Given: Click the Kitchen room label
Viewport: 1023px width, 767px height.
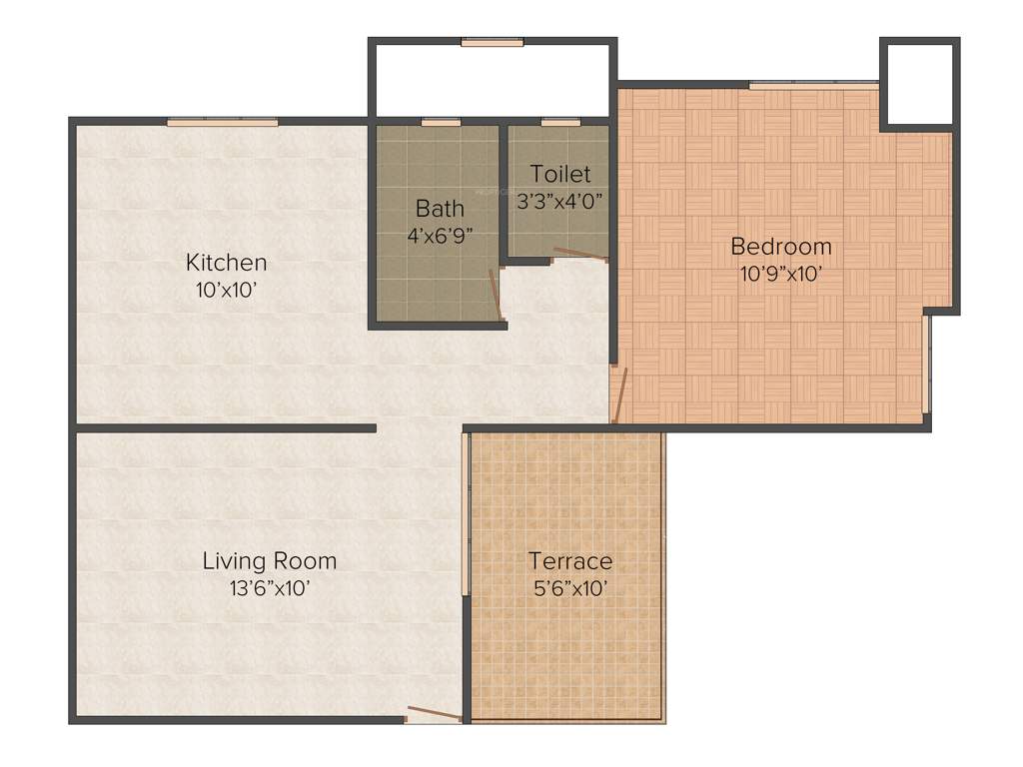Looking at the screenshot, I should tap(227, 263).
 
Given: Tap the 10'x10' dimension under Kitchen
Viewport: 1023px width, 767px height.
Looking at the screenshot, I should tap(227, 290).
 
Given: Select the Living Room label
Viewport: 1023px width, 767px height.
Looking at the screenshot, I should tap(269, 560).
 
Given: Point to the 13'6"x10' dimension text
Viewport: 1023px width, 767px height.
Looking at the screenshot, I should tap(269, 588).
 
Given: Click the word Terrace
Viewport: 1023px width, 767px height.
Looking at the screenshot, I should tap(570, 560).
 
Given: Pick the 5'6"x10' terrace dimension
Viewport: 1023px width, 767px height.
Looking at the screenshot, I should tap(570, 588).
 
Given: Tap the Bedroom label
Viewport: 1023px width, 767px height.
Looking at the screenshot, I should tap(781, 246).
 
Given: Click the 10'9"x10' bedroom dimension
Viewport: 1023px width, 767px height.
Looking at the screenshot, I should tap(781, 274).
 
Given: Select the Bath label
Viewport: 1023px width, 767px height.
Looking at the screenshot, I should tap(440, 209).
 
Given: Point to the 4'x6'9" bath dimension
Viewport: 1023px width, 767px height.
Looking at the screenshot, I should tap(440, 236).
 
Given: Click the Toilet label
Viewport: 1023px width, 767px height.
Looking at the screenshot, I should tap(560, 173).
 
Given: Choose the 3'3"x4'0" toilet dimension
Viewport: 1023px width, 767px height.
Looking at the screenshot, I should tap(560, 200).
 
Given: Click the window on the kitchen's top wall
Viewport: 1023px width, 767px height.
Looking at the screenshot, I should tap(222, 122).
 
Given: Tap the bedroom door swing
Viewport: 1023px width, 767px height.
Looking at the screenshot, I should tap(619, 395).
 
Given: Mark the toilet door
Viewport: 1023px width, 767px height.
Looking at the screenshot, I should tap(580, 255).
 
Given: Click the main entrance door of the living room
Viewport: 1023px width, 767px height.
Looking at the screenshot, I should tap(434, 714).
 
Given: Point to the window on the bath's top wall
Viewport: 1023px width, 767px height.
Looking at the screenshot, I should tap(440, 122).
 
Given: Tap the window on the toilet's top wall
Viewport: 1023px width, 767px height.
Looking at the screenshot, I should tap(560, 122).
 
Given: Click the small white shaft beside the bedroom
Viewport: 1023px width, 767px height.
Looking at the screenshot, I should tap(918, 84).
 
